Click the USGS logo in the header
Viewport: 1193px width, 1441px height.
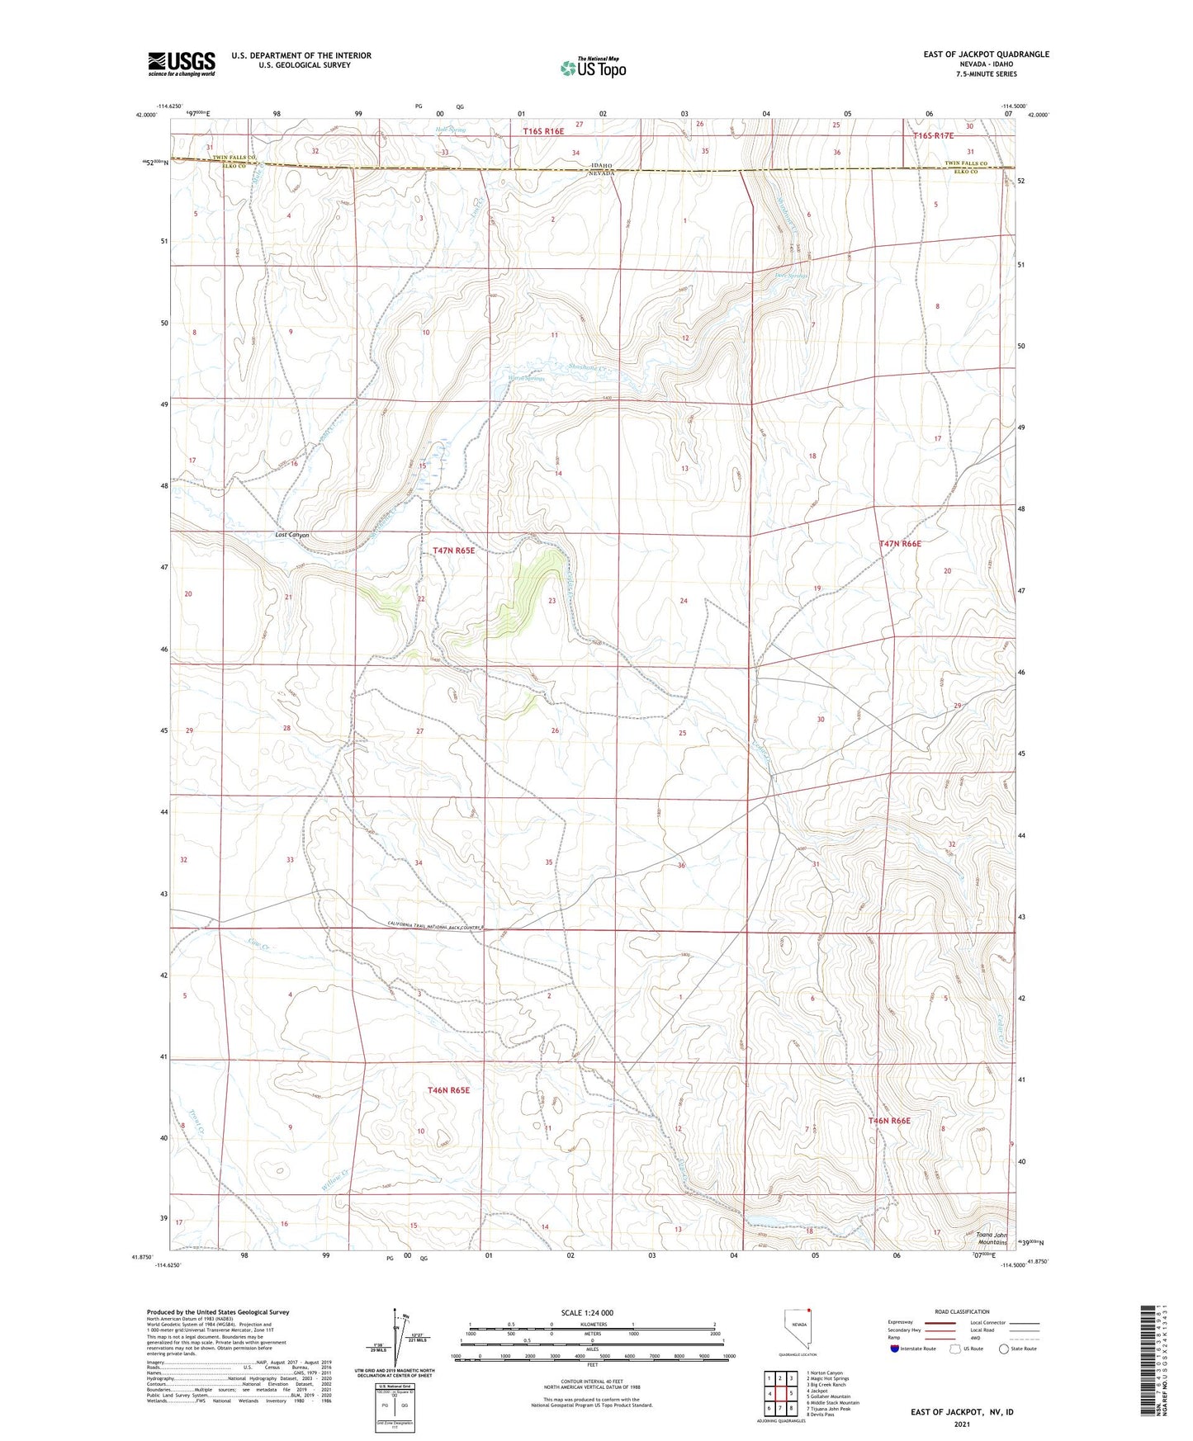181,64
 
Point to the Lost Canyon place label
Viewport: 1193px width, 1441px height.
292,535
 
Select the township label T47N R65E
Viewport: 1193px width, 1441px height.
454,550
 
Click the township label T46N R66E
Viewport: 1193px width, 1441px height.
889,1121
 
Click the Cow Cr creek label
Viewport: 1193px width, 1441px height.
258,943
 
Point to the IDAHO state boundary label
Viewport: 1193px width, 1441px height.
601,165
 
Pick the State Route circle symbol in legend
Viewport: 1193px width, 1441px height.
1003,1349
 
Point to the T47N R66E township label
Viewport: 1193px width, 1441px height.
900,544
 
